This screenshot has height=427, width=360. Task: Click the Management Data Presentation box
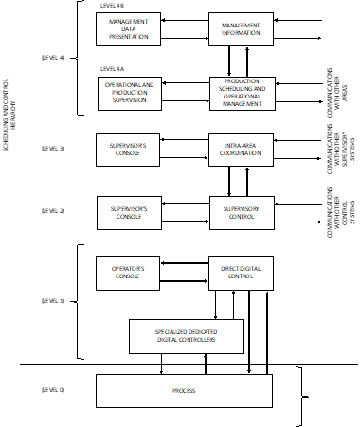[x=128, y=29]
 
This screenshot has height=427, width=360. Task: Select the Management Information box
[x=241, y=29]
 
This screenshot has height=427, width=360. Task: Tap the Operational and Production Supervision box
[x=128, y=93]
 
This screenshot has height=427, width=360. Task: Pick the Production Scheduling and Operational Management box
[x=242, y=93]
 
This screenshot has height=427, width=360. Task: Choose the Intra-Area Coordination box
[x=241, y=150]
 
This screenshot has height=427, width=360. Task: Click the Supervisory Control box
[x=241, y=213]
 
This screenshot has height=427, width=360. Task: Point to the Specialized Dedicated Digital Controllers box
[x=186, y=336]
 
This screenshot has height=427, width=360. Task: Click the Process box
[x=184, y=390]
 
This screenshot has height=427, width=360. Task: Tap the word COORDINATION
[x=241, y=153]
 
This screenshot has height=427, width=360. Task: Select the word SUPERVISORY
[x=241, y=208]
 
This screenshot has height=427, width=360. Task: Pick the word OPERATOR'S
[x=128, y=268]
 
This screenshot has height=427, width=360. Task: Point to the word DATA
[x=128, y=29]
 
